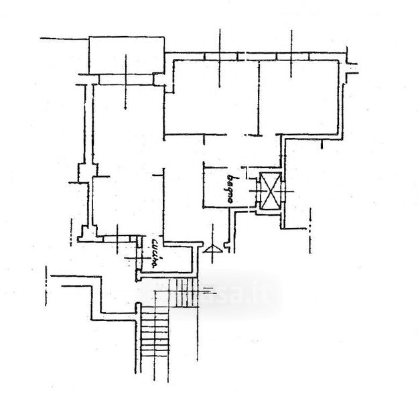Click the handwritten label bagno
click(x=231, y=188)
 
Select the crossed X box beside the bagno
click(x=270, y=191)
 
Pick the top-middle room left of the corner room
click(x=211, y=97)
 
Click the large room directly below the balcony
click(x=127, y=127)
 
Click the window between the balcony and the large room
click(x=127, y=80)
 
